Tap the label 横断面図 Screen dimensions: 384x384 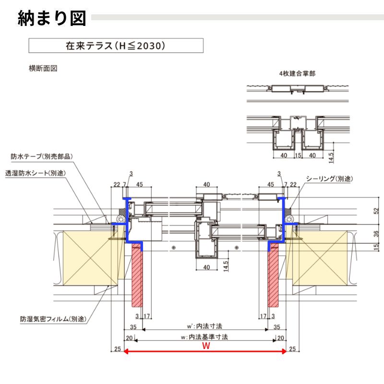[43, 69]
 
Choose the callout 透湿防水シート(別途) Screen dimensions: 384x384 [36, 173]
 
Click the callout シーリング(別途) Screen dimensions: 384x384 [329, 179]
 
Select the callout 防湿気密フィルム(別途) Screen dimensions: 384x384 [53, 319]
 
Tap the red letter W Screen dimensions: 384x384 [206, 346]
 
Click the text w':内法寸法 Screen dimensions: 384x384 [205, 326]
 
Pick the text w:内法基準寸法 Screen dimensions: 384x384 [205, 337]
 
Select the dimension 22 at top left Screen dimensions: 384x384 [116, 184]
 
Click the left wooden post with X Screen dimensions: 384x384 [89, 258]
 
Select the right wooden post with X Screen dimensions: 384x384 [319, 258]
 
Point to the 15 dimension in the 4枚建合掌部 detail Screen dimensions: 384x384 [298, 156]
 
